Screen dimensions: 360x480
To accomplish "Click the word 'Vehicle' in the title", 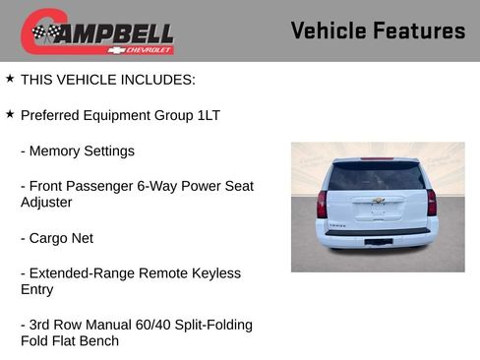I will pyautogui.click(x=330, y=30).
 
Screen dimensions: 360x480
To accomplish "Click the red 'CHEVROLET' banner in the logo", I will pyautogui.click(x=146, y=48).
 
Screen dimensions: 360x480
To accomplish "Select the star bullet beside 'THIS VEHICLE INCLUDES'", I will pyautogui.click(x=10, y=78).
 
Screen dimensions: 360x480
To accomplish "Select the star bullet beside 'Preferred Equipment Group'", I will pyautogui.click(x=10, y=114).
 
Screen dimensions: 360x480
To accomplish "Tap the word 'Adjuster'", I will pyautogui.click(x=46, y=203).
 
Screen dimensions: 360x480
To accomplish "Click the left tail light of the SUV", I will pyautogui.click(x=322, y=203).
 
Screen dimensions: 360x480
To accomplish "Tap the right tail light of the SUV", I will pyautogui.click(x=432, y=203).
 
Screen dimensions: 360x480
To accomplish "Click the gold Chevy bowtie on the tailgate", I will pyautogui.click(x=377, y=201).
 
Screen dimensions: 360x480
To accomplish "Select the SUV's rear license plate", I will pyautogui.click(x=377, y=241).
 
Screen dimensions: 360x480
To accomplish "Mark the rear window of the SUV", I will pyautogui.click(x=377, y=177).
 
